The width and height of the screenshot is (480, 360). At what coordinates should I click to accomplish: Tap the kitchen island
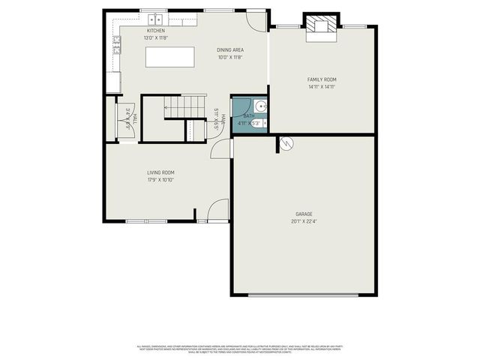click(x=165, y=57)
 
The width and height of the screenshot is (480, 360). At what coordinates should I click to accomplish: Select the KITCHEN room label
click(x=155, y=31)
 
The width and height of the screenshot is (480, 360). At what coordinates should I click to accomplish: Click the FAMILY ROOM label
click(x=322, y=79)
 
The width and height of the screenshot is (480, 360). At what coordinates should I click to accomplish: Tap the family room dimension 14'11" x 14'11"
click(x=322, y=86)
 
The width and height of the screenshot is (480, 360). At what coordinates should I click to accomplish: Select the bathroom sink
click(x=259, y=106)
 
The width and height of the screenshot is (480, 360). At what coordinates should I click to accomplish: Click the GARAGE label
click(x=304, y=213)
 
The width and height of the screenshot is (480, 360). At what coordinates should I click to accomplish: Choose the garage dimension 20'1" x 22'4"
click(x=304, y=220)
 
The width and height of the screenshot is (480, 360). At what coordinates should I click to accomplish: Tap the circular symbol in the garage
click(x=286, y=143)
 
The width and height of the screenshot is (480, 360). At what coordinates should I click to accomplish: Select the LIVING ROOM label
click(x=160, y=172)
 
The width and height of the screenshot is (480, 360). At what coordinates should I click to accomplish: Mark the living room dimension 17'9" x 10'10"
click(x=160, y=180)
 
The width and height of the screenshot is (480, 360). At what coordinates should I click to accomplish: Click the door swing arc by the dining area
click(x=256, y=20)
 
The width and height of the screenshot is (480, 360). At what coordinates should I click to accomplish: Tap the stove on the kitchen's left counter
click(x=116, y=47)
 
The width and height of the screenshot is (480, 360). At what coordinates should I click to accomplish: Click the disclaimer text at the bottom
click(x=240, y=349)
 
